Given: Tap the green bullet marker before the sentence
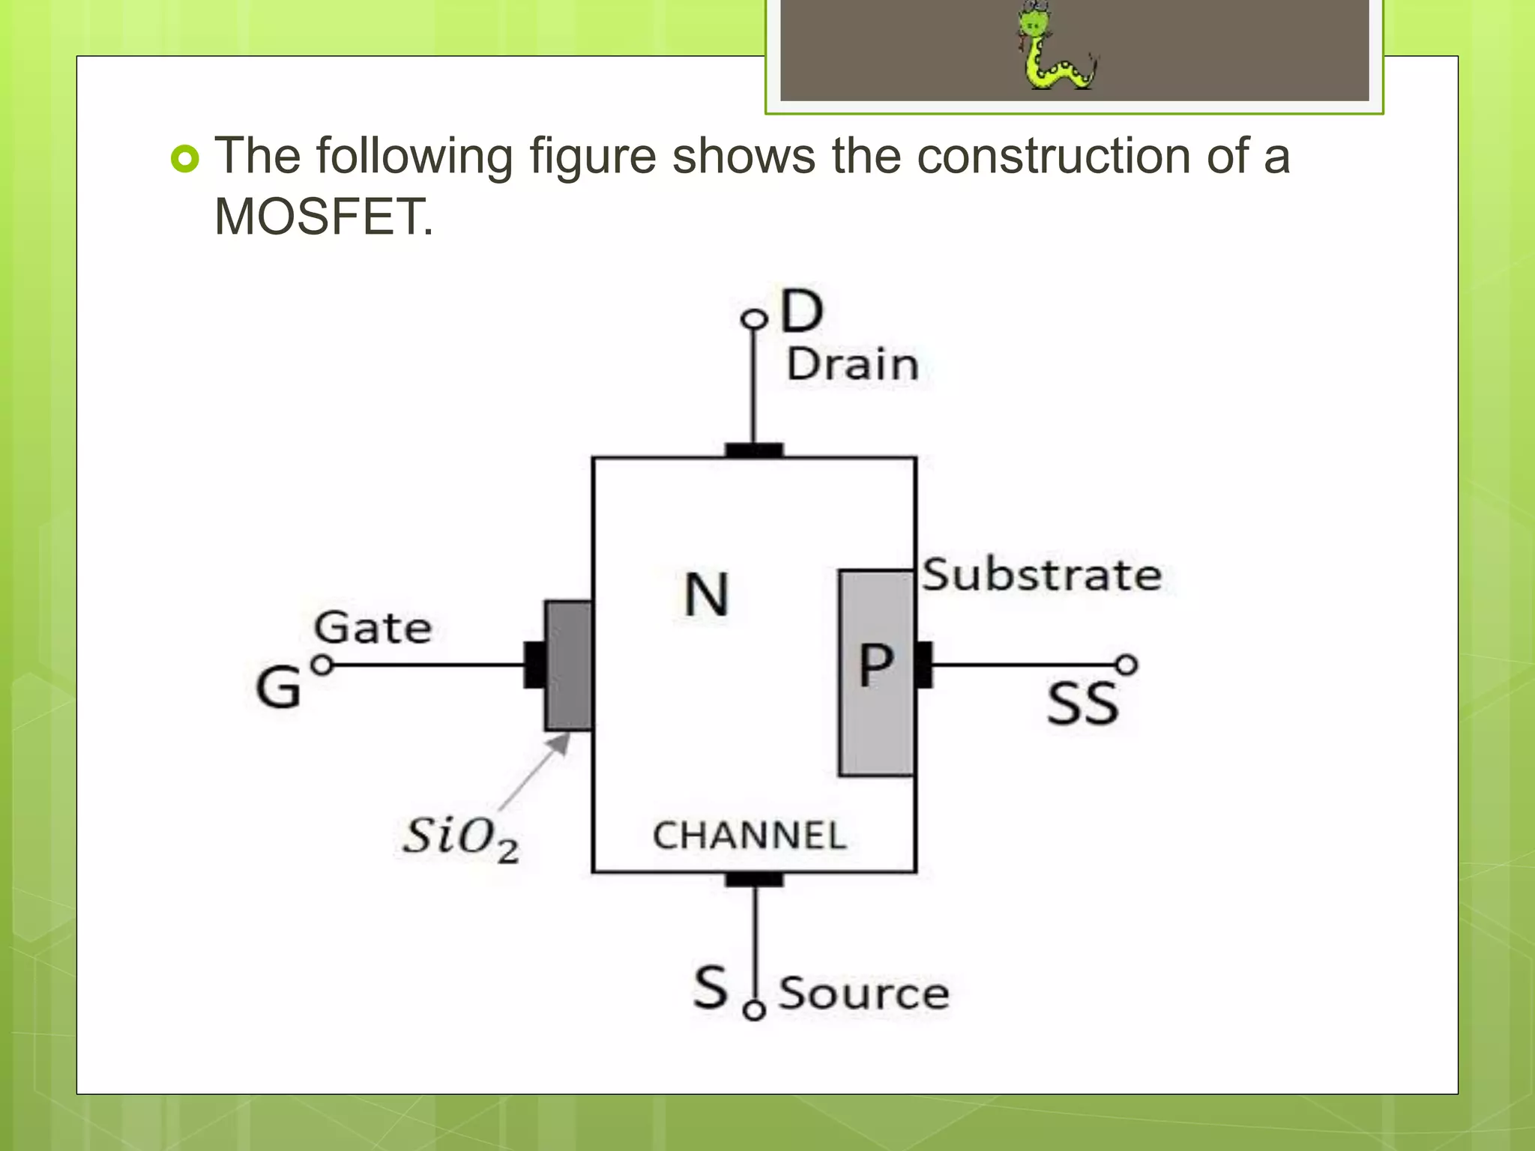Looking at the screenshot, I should click(185, 159).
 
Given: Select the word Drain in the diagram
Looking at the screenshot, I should click(852, 365).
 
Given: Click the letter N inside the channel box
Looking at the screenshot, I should click(706, 595).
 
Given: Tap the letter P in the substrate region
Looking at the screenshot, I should click(875, 665).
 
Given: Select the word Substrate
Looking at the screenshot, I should click(1042, 575).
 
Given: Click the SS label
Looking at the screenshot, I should click(1082, 704).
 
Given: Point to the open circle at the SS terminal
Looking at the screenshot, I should click(1127, 665).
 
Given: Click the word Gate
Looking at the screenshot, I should click(373, 628).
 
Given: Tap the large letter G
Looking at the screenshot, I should click(278, 688).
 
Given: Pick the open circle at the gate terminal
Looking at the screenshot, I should click(322, 665).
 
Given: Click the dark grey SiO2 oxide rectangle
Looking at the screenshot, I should click(568, 665).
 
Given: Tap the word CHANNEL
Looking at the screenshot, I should click(750, 836).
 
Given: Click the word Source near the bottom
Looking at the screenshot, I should click(863, 994).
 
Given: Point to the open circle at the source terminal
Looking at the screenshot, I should click(754, 1011).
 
